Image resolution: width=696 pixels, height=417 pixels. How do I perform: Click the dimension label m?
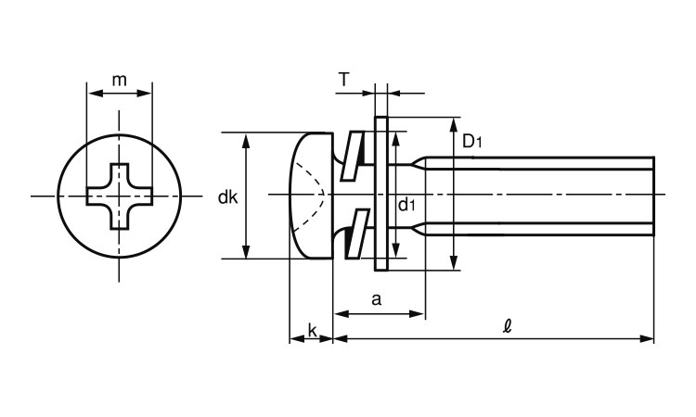coord(119,80)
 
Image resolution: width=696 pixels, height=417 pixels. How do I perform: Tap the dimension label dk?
coord(227,197)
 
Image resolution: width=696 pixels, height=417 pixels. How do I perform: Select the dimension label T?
coord(343,81)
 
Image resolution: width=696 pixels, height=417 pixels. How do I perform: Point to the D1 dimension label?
coord(472,142)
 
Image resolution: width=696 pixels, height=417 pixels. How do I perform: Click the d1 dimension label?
coord(406,204)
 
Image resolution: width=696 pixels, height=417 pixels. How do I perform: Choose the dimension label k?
coord(312,331)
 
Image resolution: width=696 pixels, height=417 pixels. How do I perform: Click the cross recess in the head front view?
coord(119,196)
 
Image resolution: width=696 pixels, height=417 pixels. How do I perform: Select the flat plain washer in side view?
coord(380,195)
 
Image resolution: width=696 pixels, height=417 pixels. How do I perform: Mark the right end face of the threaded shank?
coord(654,195)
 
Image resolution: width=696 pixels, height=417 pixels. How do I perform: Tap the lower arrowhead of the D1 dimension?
coord(454,264)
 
